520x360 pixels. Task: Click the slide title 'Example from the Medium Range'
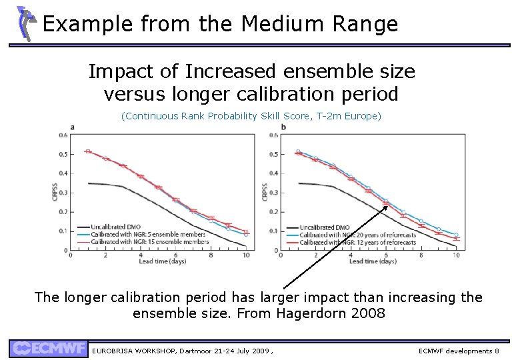(220, 24)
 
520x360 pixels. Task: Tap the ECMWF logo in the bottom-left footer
(48, 349)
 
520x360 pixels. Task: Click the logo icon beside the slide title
(25, 23)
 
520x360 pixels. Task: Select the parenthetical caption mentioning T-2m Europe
(251, 116)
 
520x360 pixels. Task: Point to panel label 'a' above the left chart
(72, 127)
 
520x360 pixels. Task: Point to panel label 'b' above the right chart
(283, 127)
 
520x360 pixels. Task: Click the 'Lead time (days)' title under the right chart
(372, 261)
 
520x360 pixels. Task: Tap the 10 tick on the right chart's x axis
(456, 255)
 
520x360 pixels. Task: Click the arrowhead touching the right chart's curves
(386, 207)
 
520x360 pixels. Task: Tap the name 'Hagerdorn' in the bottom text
(315, 312)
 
